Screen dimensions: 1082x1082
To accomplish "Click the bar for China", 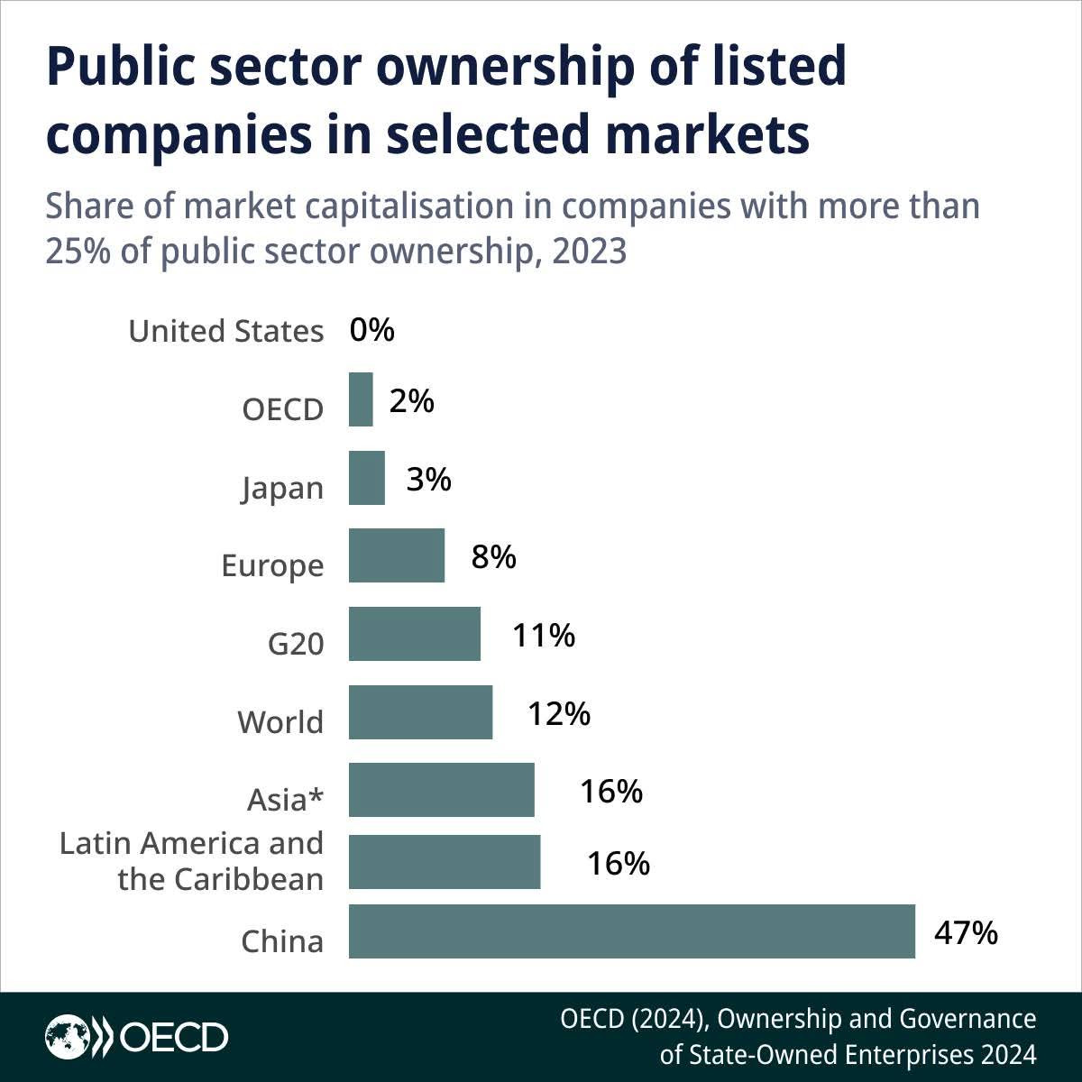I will pyautogui.click(x=631, y=931).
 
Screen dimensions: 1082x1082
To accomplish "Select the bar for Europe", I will pyautogui.click(x=397, y=555).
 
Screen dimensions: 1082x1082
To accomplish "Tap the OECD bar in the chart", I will pyautogui.click(x=361, y=399).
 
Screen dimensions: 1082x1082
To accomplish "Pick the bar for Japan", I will pyautogui.click(x=367, y=478).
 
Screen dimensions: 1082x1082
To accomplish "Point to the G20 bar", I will pyautogui.click(x=415, y=634).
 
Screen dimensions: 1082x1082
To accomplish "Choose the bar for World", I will pyautogui.click(x=420, y=712).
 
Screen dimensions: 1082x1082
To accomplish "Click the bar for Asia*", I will pyautogui.click(x=442, y=790).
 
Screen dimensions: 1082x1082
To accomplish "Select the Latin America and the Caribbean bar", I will pyautogui.click(x=445, y=862).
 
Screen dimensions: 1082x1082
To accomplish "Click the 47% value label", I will pyautogui.click(x=966, y=932).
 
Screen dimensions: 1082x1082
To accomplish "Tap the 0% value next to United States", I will pyautogui.click(x=372, y=330).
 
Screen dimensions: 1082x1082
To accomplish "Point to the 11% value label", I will pyautogui.click(x=544, y=636).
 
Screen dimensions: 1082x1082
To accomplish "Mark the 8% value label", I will pyautogui.click(x=494, y=557).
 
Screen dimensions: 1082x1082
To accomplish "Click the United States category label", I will pyautogui.click(x=225, y=332).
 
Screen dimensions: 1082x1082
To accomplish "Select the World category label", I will pyautogui.click(x=280, y=722).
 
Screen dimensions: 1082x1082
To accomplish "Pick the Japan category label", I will pyautogui.click(x=282, y=489).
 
